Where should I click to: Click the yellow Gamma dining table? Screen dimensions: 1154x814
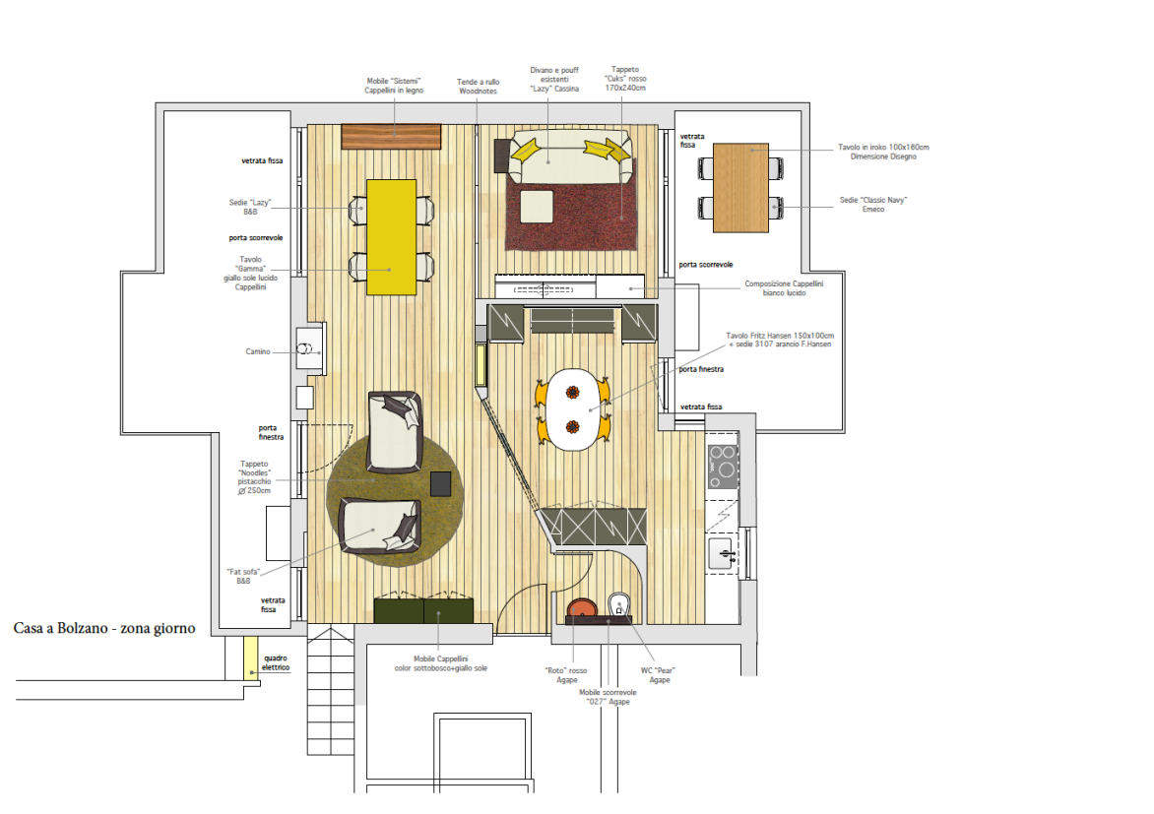392,237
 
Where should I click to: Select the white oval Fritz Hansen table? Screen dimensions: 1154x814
573,409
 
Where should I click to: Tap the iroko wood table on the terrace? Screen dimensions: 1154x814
741,188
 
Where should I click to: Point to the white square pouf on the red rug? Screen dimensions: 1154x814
537,206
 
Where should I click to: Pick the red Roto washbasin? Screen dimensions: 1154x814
582,608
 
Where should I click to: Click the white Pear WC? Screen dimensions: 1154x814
619,605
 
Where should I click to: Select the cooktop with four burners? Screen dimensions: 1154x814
723,466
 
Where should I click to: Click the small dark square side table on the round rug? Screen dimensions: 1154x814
440,483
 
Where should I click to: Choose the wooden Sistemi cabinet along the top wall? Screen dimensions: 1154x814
392,136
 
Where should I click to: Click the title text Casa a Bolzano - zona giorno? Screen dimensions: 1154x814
104,628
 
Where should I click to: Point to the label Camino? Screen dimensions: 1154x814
258,351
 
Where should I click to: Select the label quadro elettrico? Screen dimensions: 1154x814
276,662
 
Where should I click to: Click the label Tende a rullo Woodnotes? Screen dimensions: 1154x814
479,86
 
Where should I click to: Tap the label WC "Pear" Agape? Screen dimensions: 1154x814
658,675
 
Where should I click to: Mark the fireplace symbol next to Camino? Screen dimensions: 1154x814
305,349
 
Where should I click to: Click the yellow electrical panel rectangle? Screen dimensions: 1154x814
251,657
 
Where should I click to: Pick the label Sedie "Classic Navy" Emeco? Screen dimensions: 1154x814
873,204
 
